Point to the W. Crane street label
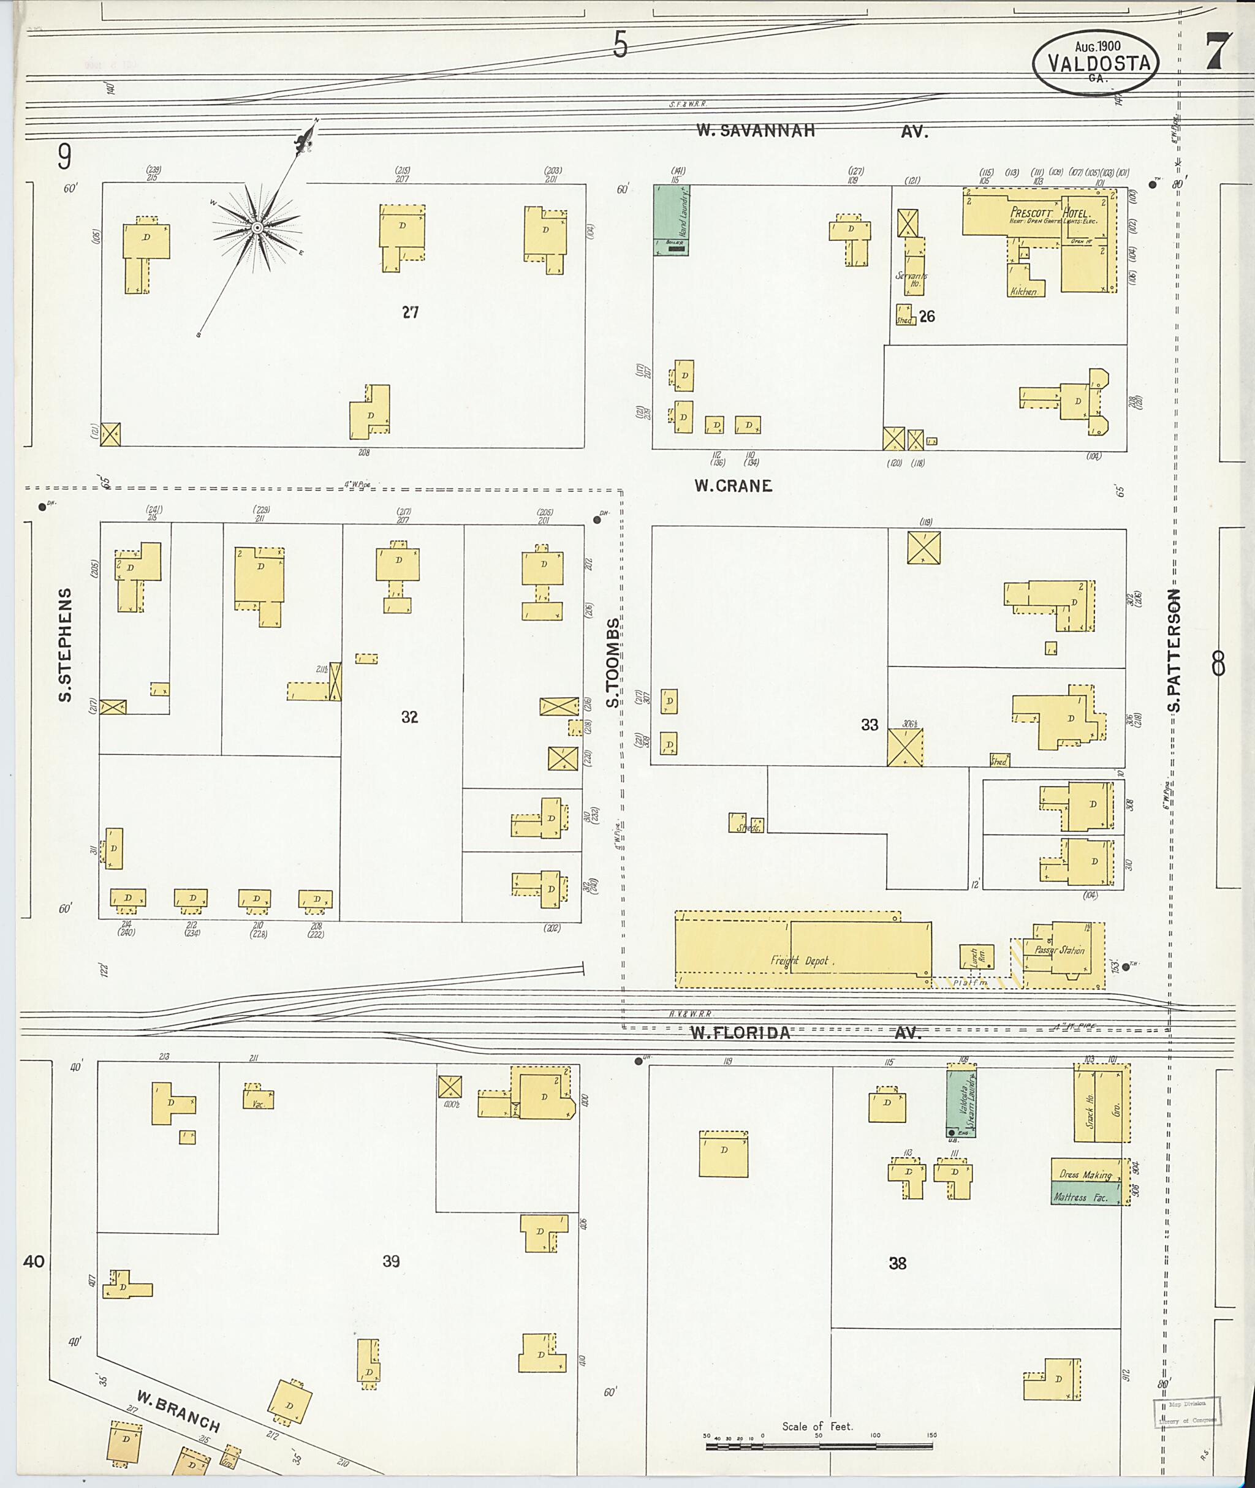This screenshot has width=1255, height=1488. (x=733, y=486)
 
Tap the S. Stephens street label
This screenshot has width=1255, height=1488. (x=66, y=644)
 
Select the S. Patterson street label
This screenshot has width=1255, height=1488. (x=1174, y=650)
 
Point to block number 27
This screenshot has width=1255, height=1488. (x=410, y=312)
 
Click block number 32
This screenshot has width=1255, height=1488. (x=409, y=717)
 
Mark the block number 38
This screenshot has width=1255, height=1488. (x=897, y=1263)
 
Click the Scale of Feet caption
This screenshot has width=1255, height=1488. (x=817, y=1426)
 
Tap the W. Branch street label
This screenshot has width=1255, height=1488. (x=178, y=1413)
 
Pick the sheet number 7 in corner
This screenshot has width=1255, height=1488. (x=1218, y=53)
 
